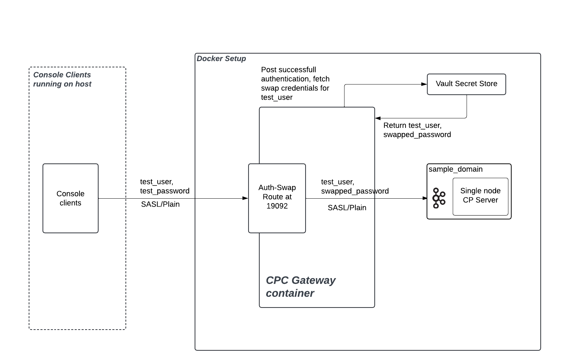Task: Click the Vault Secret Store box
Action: [x=466, y=84]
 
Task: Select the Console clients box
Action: [x=71, y=198]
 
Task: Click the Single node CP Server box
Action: [x=480, y=196]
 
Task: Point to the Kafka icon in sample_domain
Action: [x=438, y=198]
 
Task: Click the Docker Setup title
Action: [x=221, y=59]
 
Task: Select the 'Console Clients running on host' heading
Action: [x=62, y=79]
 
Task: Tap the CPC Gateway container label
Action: [x=300, y=286]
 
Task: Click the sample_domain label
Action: [x=456, y=169]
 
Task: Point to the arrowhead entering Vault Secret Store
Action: [x=424, y=84]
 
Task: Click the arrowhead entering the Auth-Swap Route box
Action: [x=245, y=198]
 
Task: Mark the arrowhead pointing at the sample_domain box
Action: [x=425, y=198]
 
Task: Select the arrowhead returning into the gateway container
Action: [x=378, y=118]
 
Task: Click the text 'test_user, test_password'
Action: [x=165, y=186]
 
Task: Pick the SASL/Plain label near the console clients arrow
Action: [x=160, y=204]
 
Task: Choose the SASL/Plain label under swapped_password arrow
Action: [x=347, y=208]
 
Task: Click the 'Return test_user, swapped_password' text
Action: [x=417, y=130]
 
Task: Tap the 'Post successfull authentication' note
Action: [x=295, y=83]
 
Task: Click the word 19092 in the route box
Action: [x=277, y=206]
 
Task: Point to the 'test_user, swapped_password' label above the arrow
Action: [x=355, y=186]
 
